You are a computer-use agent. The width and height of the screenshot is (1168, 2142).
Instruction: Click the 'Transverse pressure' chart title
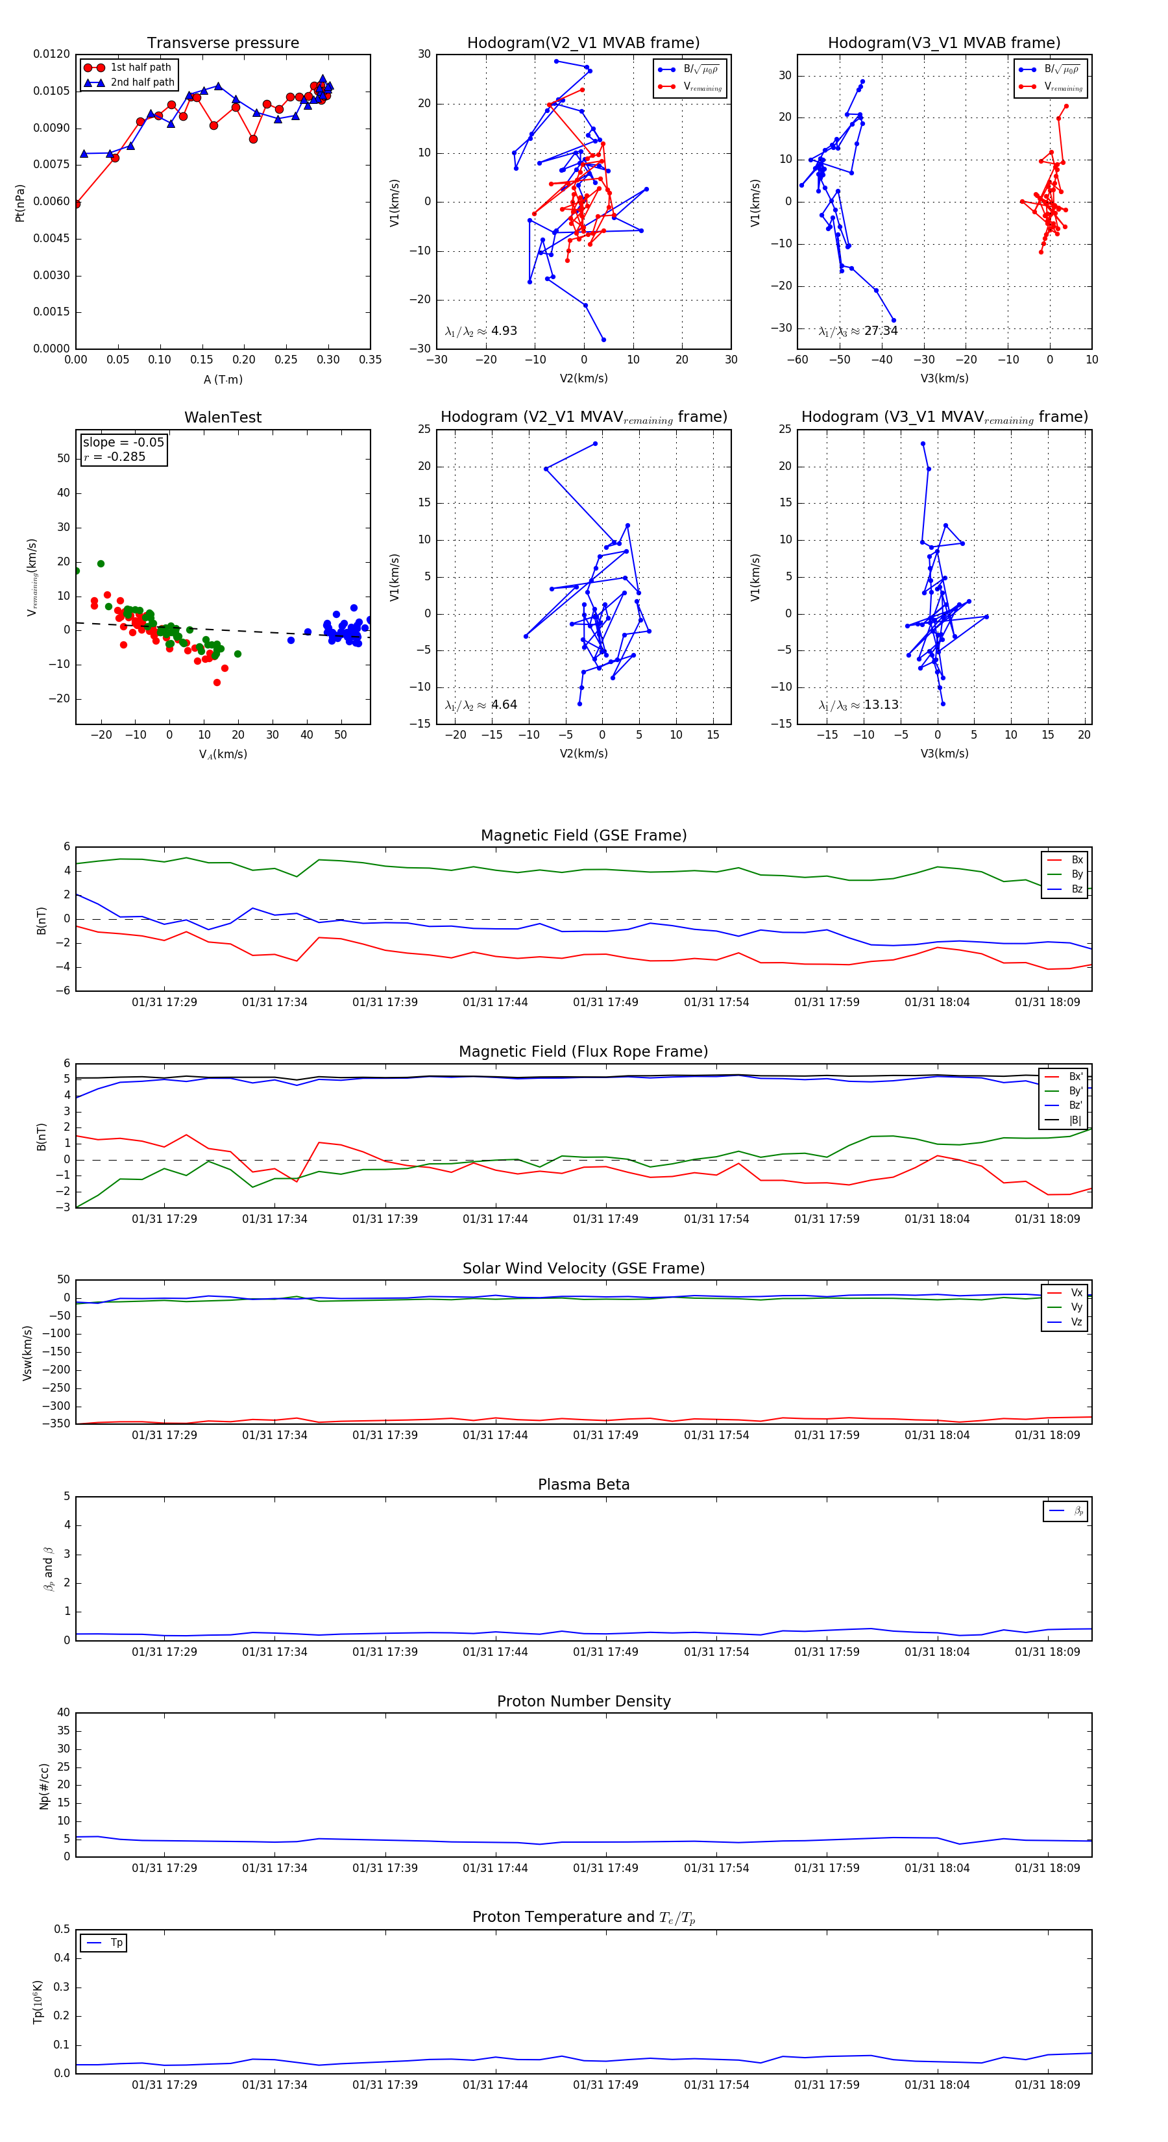click(x=223, y=43)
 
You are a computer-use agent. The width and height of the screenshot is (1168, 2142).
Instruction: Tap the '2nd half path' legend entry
click(x=142, y=82)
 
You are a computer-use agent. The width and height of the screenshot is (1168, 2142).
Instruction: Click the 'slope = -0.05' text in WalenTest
click(x=123, y=443)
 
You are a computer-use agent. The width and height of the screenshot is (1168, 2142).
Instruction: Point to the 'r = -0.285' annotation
click(x=115, y=456)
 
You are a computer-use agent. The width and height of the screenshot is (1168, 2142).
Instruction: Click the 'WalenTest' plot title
click(x=223, y=417)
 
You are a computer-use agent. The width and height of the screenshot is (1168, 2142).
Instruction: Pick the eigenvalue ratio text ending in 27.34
click(x=858, y=331)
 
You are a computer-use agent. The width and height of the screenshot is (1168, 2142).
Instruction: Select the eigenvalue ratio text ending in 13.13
click(x=858, y=705)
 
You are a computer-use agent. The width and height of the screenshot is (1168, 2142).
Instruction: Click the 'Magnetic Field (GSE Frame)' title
click(x=583, y=835)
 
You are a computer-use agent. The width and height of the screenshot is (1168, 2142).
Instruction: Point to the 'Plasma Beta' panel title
click(x=583, y=1485)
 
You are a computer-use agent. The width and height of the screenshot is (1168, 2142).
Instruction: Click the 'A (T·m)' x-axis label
click(x=223, y=380)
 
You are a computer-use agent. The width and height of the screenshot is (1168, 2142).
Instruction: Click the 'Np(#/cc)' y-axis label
click(x=44, y=1786)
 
